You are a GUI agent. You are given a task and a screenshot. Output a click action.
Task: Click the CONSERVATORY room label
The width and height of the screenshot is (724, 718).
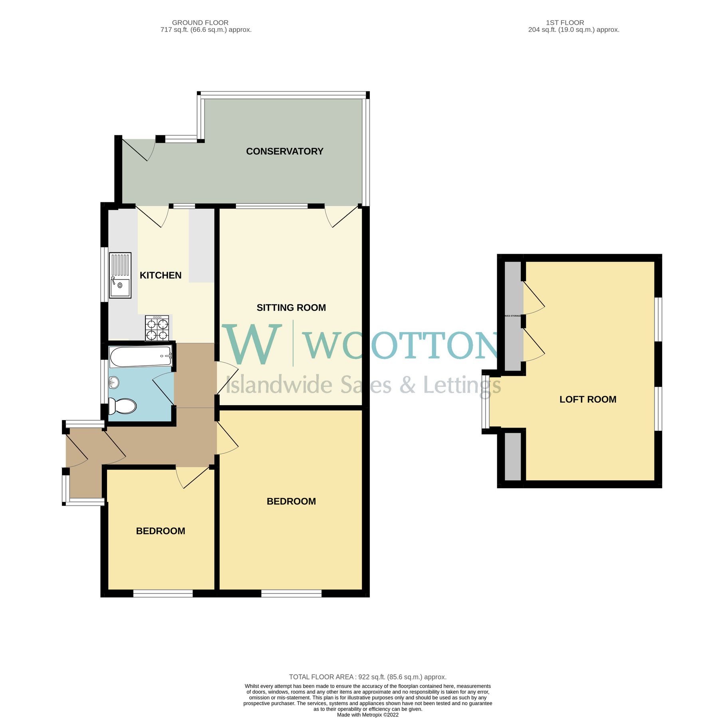[x=284, y=151]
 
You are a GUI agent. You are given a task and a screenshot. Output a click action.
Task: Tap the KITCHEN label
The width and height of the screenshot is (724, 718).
[x=161, y=275]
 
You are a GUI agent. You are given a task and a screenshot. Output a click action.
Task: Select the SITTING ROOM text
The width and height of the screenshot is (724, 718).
[x=291, y=308]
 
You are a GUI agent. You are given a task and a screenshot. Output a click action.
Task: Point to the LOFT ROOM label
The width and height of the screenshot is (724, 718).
[x=588, y=399]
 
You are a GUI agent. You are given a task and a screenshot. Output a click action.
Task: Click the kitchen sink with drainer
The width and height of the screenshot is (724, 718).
[x=120, y=275]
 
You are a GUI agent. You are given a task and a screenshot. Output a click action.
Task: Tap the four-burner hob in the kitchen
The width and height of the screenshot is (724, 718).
[x=157, y=328]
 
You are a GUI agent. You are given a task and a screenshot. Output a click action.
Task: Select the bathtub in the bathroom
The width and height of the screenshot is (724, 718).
[x=140, y=356]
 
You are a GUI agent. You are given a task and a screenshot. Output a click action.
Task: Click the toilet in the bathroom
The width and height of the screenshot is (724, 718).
[x=122, y=406]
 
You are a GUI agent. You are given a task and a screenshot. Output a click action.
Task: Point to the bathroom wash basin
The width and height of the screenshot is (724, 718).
[x=113, y=383]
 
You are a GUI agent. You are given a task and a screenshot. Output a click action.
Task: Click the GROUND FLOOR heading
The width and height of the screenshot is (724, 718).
[x=200, y=23]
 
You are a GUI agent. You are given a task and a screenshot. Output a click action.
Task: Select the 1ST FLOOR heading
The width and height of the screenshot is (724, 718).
[x=565, y=23]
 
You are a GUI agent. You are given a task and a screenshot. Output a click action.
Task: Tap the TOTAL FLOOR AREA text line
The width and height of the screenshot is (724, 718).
[x=367, y=677]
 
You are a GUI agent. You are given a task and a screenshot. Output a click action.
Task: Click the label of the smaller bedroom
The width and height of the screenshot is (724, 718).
[x=161, y=531]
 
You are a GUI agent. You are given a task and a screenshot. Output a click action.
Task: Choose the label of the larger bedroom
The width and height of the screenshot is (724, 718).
[x=291, y=501]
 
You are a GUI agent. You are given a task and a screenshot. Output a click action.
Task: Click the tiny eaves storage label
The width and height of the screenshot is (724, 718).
[x=513, y=316]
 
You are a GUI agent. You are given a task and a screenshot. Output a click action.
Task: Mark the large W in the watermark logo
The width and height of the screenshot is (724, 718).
[x=252, y=345]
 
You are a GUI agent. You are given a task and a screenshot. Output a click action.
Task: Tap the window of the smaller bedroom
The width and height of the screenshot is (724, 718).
[x=163, y=594]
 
